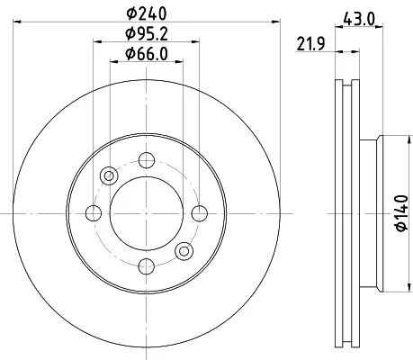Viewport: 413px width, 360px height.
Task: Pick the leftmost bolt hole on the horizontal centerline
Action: click(x=94, y=212)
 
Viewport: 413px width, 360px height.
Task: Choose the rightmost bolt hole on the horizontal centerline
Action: click(x=198, y=212)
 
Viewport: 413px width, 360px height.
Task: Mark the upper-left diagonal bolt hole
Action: click(x=109, y=175)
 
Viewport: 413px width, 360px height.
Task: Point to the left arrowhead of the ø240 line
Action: click(x=19, y=23)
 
